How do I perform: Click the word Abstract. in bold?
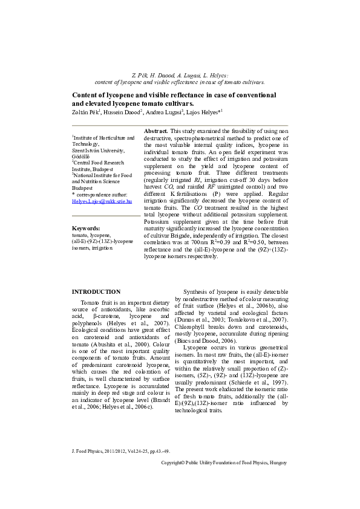156,131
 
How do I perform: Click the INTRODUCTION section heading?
96,292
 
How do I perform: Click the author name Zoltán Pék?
85,112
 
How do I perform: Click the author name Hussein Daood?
122,112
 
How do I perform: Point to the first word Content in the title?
84,95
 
